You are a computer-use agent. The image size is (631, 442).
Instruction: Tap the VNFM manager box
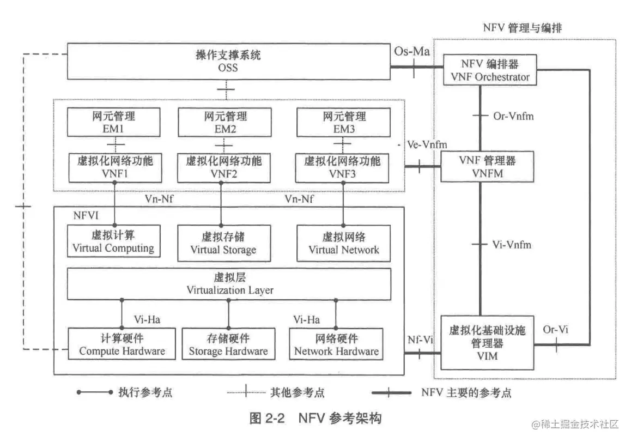[487, 166]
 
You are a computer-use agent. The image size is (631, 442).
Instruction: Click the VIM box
[487, 342]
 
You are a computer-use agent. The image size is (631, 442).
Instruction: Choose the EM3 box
[343, 122]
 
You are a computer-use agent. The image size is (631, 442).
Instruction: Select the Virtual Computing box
[113, 242]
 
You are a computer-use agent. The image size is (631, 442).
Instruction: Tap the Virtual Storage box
[223, 243]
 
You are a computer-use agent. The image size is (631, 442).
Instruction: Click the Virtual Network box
[343, 243]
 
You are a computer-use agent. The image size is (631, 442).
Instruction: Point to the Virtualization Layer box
[229, 284]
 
